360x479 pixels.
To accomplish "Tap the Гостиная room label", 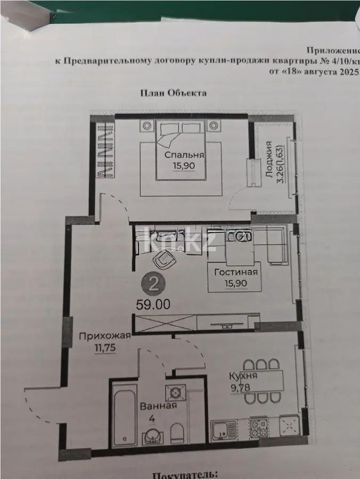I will tap(236, 272).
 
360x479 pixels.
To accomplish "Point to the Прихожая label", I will tap(105, 336).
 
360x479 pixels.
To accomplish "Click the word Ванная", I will tap(158, 406).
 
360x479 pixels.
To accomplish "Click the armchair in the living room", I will tap(164, 260).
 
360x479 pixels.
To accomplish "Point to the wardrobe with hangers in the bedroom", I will tap(104, 151).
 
